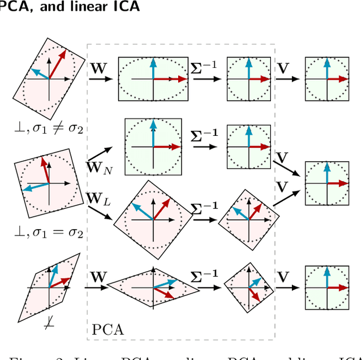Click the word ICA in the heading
[x=123, y=7]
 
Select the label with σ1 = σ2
[x=50, y=233]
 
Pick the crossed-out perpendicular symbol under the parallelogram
[x=49, y=325]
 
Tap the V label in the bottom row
[x=284, y=277]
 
